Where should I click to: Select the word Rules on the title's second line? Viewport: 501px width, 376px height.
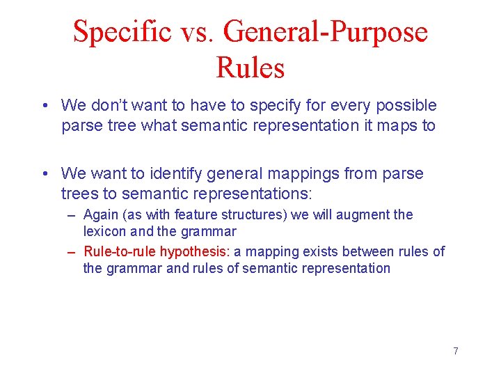tap(250, 68)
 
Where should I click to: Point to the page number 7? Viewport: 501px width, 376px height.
tap(456, 351)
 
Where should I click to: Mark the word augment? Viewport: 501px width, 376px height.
tap(365, 215)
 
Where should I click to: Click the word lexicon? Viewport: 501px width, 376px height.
tap(103, 231)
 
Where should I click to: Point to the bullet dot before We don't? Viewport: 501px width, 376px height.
tap(44, 106)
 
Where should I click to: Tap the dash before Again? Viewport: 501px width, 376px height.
tap(72, 215)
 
